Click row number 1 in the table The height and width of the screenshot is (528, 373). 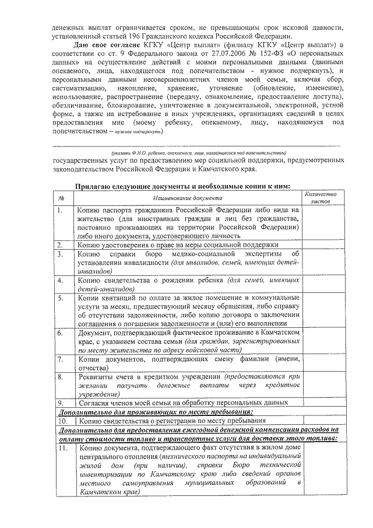point(61,210)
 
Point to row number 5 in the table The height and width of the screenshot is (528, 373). point(61,298)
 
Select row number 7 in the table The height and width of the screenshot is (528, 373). point(61,359)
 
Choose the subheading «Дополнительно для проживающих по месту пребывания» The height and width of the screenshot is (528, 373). point(154,411)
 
